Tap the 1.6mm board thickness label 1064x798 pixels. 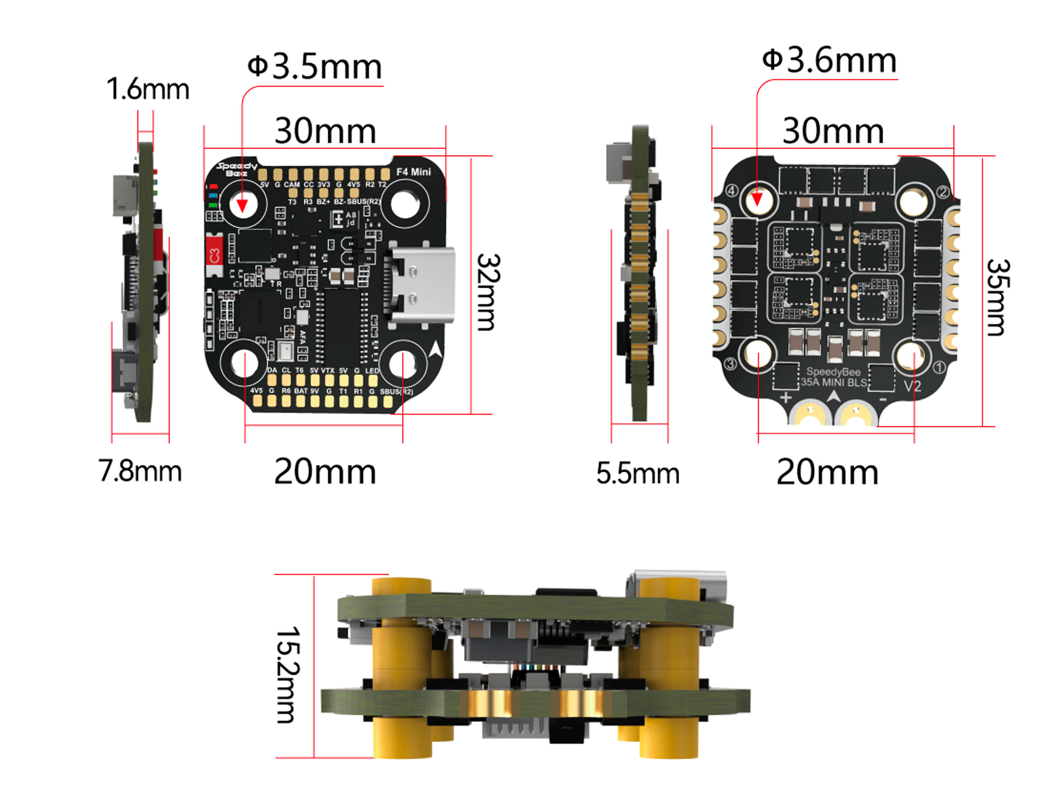tap(148, 89)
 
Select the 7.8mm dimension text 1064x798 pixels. tap(140, 471)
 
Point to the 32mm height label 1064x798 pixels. tap(488, 293)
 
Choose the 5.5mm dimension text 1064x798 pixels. tap(638, 473)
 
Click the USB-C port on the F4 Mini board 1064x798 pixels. tap(421, 285)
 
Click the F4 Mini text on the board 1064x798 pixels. tap(413, 172)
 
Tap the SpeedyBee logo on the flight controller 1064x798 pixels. tap(237, 169)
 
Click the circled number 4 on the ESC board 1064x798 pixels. tap(731, 191)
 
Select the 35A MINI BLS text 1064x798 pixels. tap(833, 382)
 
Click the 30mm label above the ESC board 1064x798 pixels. tap(833, 131)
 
